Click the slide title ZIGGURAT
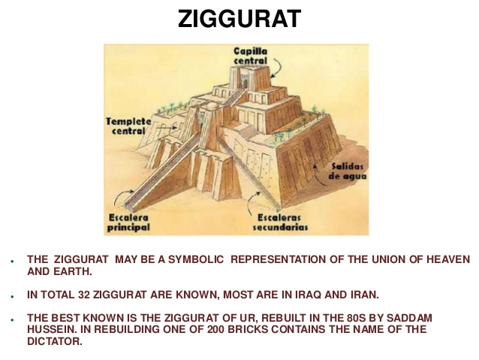click(239, 19)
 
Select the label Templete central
click(128, 126)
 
